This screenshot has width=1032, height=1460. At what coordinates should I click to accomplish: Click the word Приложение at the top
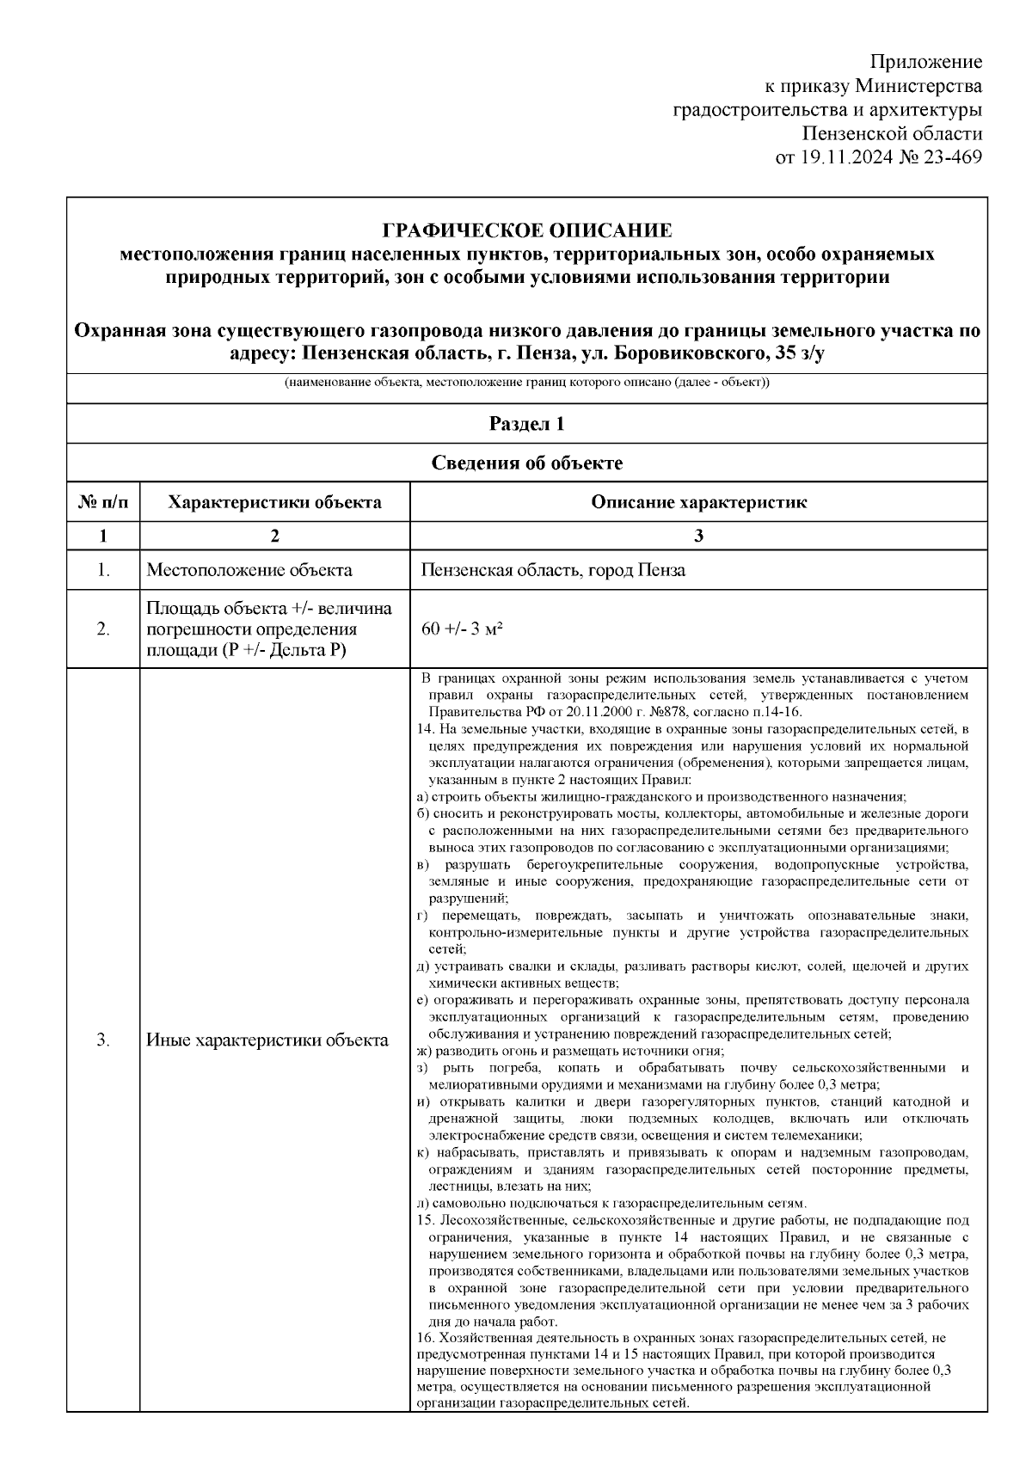[x=926, y=62]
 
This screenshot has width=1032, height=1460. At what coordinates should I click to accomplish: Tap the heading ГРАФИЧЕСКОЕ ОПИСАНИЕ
[x=526, y=230]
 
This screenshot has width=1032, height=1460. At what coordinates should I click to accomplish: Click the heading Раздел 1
[x=526, y=423]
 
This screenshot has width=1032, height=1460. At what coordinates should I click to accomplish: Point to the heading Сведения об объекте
[x=526, y=463]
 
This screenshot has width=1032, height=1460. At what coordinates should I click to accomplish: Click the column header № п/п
[x=103, y=502]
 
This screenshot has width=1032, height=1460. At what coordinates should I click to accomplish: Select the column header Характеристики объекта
[x=274, y=502]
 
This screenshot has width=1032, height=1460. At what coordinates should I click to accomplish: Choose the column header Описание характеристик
[x=698, y=502]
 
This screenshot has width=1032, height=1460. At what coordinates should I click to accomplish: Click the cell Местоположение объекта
[x=249, y=570]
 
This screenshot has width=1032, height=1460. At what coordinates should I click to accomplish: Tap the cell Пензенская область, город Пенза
[x=553, y=570]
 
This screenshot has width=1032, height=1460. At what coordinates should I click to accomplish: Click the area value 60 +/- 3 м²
[x=462, y=629]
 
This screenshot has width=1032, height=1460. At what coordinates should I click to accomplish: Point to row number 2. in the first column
[x=103, y=629]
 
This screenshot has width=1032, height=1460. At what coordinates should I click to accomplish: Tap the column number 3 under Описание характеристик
[x=698, y=536]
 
